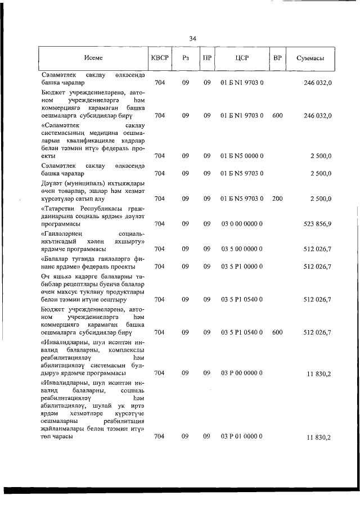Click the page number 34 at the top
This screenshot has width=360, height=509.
pyautogui.click(x=192, y=39)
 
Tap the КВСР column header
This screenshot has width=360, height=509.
pyautogui.click(x=159, y=58)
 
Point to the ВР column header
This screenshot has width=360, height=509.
pyautogui.click(x=277, y=58)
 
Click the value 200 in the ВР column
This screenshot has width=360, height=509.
pyautogui.click(x=277, y=199)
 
